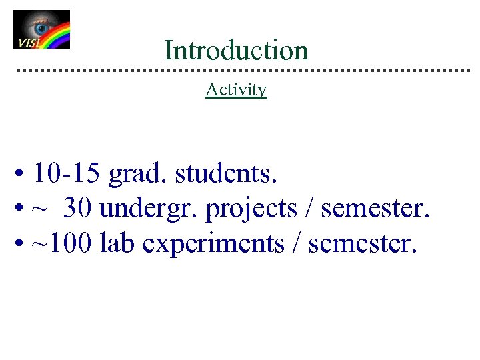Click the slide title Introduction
[236, 51]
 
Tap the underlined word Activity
[236, 89]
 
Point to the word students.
[226, 175]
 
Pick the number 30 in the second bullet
[78, 209]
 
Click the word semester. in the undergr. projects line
[376, 209]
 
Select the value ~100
[63, 244]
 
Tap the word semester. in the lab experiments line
[363, 244]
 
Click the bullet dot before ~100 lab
[22, 245]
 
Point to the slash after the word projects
[309, 209]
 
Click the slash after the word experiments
[297, 244]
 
